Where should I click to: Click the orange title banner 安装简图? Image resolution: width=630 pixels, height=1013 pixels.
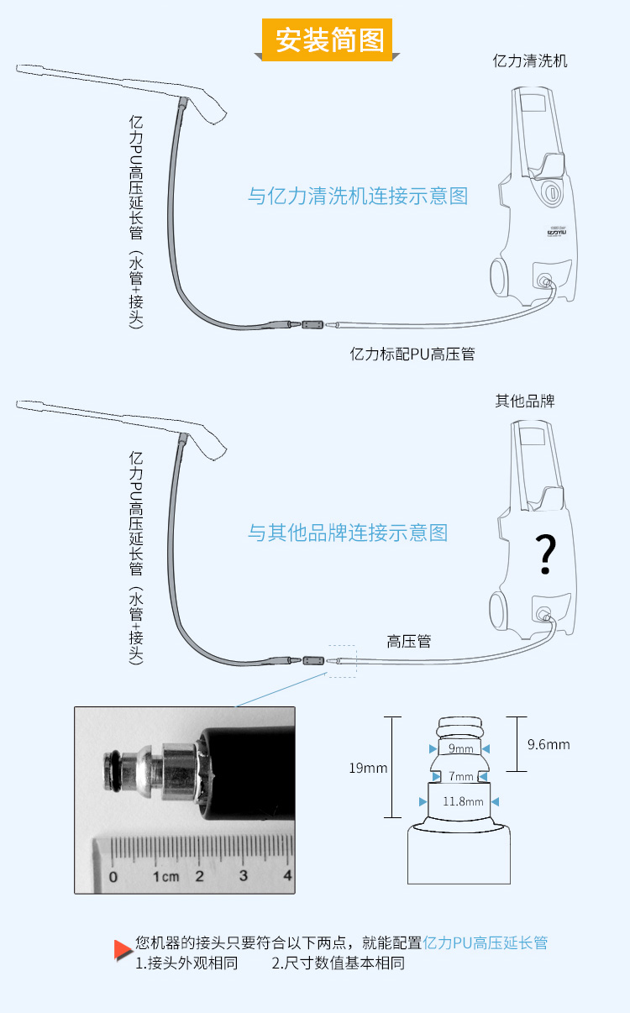[328, 39]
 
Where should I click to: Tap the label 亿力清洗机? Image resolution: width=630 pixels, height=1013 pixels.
[530, 61]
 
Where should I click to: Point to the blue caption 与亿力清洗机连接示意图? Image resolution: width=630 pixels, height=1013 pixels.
[358, 196]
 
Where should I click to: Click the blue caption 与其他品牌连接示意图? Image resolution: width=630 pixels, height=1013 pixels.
[348, 533]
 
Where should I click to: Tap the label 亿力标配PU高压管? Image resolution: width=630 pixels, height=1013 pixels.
[412, 354]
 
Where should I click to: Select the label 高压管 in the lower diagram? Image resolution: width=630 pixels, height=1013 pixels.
[409, 641]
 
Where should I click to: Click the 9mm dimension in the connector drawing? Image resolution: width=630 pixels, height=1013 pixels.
[460, 748]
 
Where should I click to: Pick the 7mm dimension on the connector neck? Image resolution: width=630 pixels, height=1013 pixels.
[460, 775]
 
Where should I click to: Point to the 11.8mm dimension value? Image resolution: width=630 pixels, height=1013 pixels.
[463, 801]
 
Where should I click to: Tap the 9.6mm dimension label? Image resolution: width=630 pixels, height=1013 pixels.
[549, 744]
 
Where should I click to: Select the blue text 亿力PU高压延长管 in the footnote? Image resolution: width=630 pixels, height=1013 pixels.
[486, 942]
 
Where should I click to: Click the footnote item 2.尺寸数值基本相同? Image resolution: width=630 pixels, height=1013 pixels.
[339, 963]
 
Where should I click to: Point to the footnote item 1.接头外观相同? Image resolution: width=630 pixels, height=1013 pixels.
[187, 963]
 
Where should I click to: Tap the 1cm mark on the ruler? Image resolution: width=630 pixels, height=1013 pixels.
[165, 876]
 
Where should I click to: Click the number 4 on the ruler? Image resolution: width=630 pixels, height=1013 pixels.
[287, 876]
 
